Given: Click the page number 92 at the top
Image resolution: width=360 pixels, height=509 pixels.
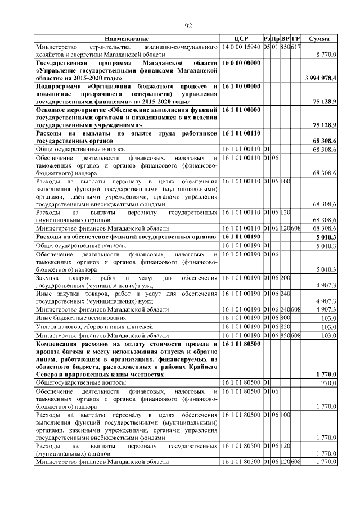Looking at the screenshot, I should pos(188,25).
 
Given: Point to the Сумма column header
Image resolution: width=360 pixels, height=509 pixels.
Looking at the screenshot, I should pos(319,38).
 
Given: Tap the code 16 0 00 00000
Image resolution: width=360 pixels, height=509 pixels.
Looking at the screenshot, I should pos(241,64).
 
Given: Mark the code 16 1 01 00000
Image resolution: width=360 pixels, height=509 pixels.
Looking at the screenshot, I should pos(241,110).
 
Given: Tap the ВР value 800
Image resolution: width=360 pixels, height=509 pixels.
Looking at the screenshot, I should pos(285,318).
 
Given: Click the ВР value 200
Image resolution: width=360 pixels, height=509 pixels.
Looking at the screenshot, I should pos(285,278).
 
